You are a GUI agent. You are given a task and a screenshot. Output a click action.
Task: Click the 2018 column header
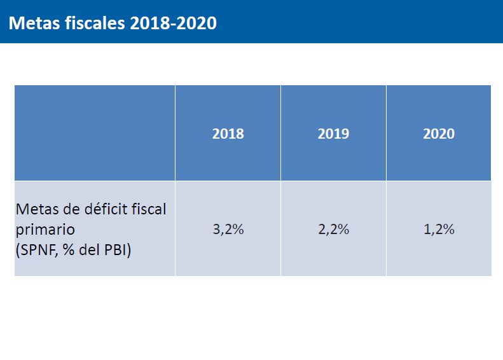[228, 134]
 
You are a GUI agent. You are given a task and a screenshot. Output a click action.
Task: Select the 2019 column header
[333, 134]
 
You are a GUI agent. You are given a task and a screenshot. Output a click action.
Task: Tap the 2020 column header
[439, 134]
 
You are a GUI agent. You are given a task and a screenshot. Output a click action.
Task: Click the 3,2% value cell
[228, 230]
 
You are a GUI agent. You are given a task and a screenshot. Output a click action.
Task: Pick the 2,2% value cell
[333, 230]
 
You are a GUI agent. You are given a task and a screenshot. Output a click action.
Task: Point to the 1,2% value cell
[439, 230]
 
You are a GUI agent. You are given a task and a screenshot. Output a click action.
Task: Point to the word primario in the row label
[45, 229]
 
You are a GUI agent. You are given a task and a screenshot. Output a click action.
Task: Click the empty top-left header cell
[95, 133]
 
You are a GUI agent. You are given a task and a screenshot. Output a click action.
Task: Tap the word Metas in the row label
[36, 209]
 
